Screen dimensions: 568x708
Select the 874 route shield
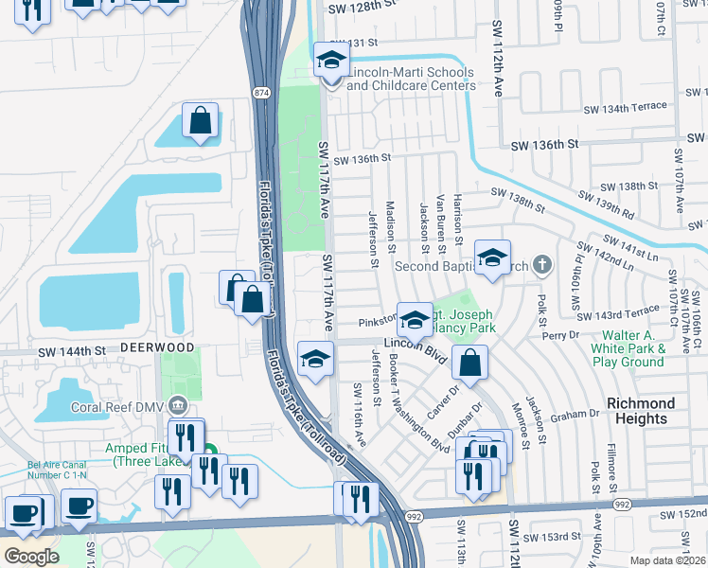[261, 92]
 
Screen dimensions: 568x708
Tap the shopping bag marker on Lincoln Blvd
[469, 362]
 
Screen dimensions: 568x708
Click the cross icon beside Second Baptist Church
[541, 264]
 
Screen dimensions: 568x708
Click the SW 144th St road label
[71, 350]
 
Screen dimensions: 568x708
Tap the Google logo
[30, 556]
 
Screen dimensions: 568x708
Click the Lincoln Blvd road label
[414, 348]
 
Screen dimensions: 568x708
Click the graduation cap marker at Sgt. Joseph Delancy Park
[415, 321]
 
